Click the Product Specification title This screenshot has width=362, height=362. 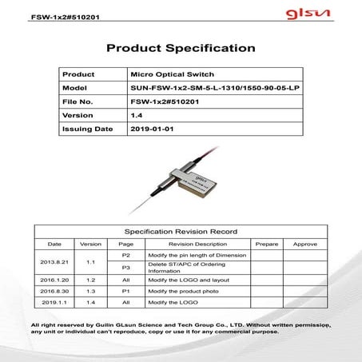point(181,48)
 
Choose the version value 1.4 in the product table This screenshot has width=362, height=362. point(136,115)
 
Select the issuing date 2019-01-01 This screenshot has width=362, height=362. point(151,129)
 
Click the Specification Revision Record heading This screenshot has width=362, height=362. point(181,231)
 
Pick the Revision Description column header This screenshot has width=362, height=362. point(197,243)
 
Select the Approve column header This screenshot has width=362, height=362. point(304,243)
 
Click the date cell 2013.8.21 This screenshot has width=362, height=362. point(54,261)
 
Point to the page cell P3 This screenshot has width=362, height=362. point(125,267)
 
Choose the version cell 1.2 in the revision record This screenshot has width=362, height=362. point(90,280)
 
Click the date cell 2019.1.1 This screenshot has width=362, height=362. point(54,304)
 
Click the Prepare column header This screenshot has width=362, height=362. point(265,243)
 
